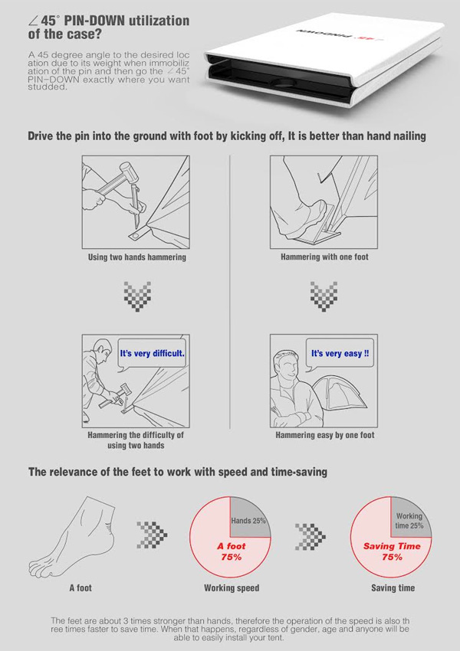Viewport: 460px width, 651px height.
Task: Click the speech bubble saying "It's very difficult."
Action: coord(152,354)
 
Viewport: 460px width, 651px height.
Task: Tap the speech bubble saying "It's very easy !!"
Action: coord(340,354)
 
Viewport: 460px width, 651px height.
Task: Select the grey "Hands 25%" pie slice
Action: coord(248,517)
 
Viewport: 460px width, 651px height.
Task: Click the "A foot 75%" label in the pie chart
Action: coord(232,551)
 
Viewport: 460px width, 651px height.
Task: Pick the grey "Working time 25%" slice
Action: coord(409,517)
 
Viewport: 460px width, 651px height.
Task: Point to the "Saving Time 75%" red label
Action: coord(392,551)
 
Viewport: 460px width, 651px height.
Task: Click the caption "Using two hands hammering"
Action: coord(137,257)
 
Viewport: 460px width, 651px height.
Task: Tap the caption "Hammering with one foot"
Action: coord(324,257)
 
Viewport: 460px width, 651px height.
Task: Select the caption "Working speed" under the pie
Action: coord(232,588)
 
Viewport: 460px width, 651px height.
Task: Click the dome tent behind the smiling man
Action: coord(340,398)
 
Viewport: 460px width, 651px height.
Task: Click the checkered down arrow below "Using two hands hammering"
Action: coord(137,296)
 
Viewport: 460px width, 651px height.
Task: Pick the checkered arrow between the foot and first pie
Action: coord(152,535)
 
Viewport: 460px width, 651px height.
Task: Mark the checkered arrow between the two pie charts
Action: coord(310,537)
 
